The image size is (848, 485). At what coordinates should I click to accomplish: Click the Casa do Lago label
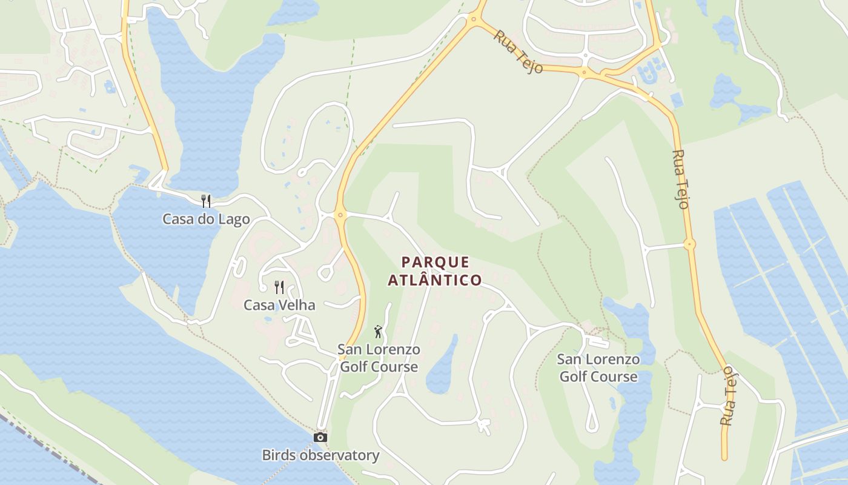tap(206, 219)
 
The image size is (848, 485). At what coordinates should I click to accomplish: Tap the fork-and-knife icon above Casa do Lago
tap(206, 201)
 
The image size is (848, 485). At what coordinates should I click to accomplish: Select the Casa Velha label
tap(279, 305)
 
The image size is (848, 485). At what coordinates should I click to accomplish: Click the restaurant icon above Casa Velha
tap(279, 287)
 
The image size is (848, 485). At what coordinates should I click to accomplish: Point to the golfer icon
tap(378, 332)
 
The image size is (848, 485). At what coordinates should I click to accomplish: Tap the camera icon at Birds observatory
tap(320, 437)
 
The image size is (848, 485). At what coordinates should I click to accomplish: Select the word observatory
tap(342, 455)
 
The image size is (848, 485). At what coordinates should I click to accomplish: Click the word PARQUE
tap(436, 263)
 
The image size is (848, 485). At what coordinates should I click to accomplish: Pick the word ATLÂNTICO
tap(435, 281)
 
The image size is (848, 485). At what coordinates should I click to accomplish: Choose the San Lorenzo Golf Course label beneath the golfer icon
tap(379, 358)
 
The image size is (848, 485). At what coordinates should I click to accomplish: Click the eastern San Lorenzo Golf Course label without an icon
tap(598, 368)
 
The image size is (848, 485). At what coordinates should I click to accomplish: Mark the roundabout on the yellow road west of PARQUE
tap(339, 214)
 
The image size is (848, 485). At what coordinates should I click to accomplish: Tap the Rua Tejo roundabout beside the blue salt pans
tap(689, 244)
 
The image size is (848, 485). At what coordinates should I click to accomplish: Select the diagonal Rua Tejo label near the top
tap(517, 52)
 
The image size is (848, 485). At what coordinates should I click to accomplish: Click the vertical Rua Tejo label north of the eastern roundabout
tap(681, 179)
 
